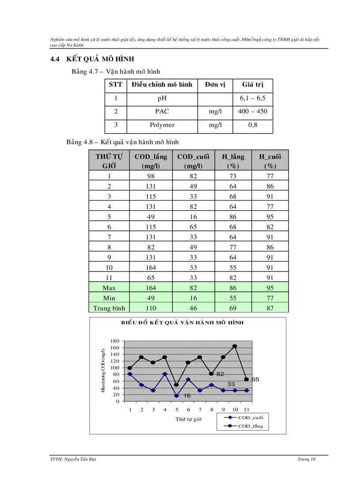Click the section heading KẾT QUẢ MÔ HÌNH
point(100,59)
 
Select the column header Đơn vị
point(215,85)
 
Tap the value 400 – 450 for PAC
point(252,112)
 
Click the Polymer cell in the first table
point(162,125)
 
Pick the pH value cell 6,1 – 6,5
point(252,98)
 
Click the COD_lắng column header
point(151,161)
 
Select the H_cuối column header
point(270,161)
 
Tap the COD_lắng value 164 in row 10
point(151,267)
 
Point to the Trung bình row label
point(109,308)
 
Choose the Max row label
point(109,288)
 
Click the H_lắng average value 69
point(233,308)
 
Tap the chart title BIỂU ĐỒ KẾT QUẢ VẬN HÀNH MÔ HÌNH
point(183,323)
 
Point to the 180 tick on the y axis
point(114,341)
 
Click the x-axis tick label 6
point(188,409)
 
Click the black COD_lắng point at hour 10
point(235,346)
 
